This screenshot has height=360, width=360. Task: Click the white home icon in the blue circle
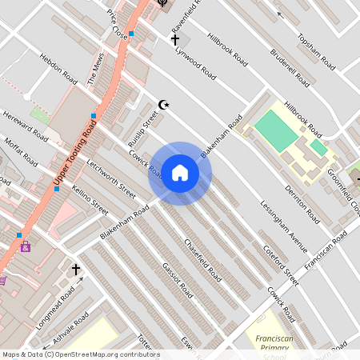[180, 174]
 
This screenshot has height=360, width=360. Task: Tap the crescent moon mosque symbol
[165, 104]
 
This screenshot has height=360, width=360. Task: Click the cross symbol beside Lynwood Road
[175, 39]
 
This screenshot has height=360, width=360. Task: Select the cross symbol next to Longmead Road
[76, 270]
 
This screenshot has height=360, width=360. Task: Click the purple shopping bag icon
[26, 246]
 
